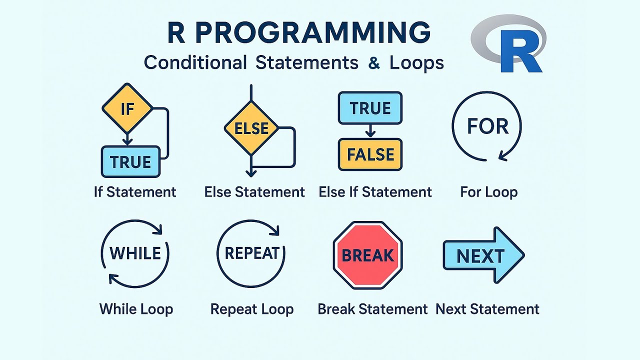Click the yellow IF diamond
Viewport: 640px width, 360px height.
[127, 108]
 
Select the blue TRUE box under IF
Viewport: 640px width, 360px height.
[130, 162]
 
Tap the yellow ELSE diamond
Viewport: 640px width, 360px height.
[251, 128]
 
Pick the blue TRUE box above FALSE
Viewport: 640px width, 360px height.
[370, 108]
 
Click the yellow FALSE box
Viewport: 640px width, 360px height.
[370, 154]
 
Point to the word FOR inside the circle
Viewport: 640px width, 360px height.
[487, 126]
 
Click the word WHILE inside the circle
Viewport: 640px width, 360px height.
[135, 253]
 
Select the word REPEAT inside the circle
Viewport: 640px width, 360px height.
[251, 253]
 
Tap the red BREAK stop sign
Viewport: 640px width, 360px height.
[367, 255]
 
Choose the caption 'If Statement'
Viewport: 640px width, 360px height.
[135, 192]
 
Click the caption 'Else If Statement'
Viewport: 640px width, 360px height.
[375, 192]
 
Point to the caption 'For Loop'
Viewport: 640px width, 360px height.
[488, 192]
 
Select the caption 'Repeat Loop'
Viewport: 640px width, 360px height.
[251, 309]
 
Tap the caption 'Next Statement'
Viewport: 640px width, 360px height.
[487, 309]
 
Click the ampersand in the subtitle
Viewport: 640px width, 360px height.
[373, 63]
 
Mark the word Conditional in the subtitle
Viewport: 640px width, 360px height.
[195, 63]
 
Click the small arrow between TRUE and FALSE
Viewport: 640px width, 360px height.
[370, 131]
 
